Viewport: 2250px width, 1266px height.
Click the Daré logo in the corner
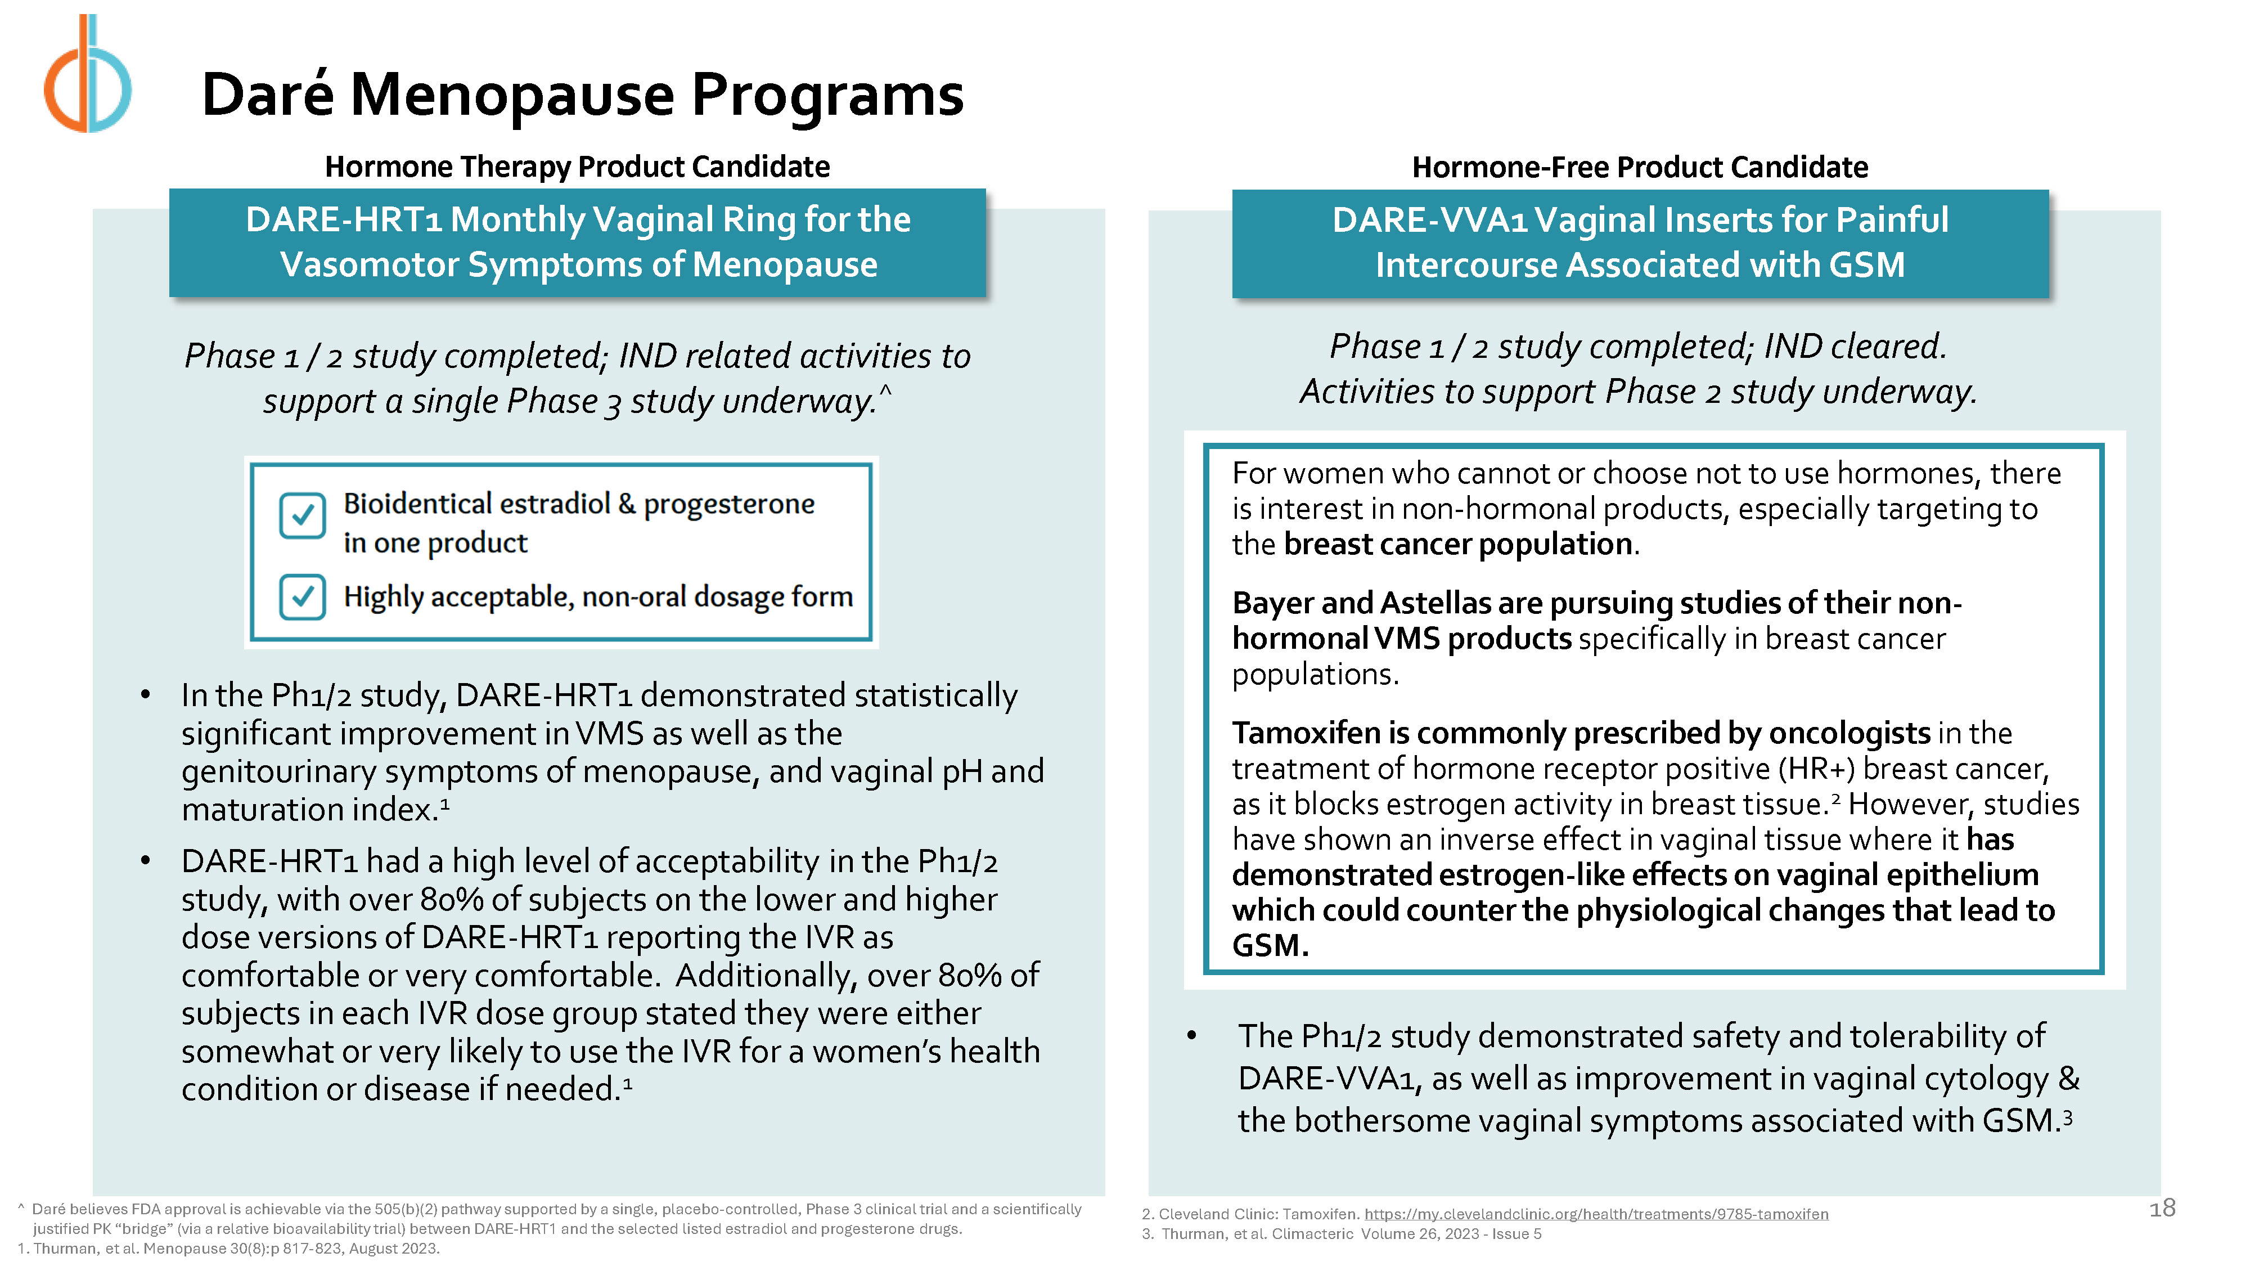point(87,74)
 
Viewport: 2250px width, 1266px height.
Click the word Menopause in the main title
point(512,95)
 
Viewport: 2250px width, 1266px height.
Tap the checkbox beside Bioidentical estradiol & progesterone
point(302,515)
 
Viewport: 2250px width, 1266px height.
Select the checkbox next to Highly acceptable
point(302,597)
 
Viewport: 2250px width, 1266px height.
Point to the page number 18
point(2162,1209)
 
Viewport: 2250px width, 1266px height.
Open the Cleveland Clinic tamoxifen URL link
point(1596,1214)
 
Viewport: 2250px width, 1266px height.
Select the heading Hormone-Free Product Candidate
point(1640,167)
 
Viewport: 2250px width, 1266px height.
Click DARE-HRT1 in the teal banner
point(343,219)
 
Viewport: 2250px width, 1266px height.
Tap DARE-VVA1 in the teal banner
point(1429,220)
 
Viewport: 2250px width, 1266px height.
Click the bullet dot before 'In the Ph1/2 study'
point(145,695)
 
